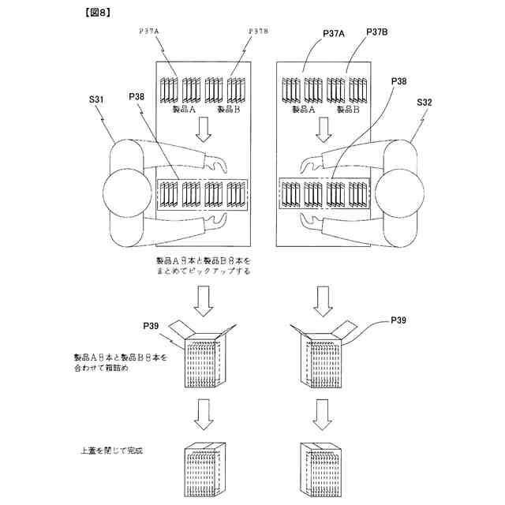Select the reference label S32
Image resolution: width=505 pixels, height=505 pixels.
coord(428,103)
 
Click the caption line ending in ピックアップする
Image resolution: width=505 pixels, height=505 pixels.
coord(204,271)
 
